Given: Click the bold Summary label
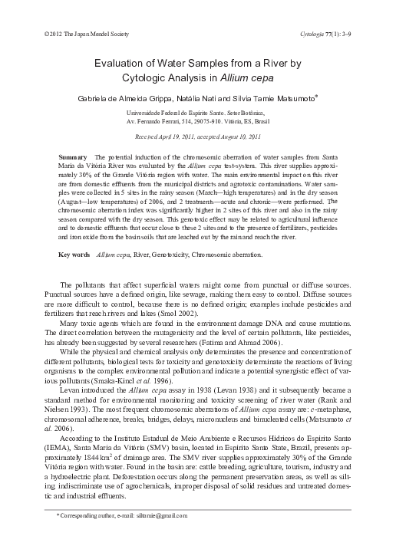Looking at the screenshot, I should click(x=72, y=156).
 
